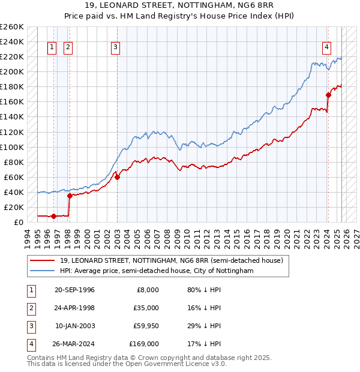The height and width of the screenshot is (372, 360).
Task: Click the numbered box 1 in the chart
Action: tap(52, 48)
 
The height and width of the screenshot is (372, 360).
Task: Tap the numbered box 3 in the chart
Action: tap(115, 48)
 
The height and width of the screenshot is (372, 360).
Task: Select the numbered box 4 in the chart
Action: tap(326, 48)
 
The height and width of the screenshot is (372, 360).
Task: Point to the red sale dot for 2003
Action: tap(118, 177)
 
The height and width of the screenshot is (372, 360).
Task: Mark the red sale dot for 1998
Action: tap(70, 196)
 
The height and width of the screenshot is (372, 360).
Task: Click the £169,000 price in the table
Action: tap(143, 344)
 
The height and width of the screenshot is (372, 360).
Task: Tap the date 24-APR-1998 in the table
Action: tap(74, 308)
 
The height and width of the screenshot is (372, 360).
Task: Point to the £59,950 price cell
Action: tap(145, 326)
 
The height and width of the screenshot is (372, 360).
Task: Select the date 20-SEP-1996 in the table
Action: tap(74, 290)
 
